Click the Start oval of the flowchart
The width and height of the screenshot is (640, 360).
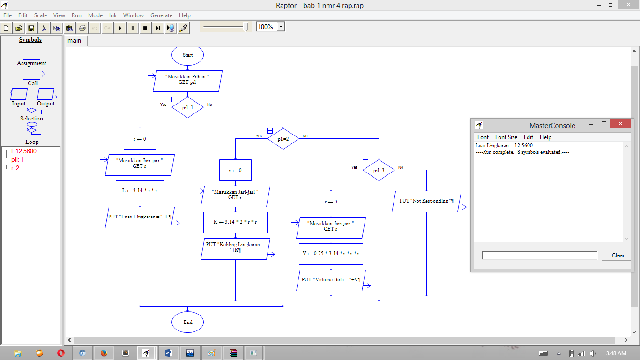187,55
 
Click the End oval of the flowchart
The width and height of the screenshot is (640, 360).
187,322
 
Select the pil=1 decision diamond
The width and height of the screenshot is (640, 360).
187,107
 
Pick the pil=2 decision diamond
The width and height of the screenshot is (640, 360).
283,139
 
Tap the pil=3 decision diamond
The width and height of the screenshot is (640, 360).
379,171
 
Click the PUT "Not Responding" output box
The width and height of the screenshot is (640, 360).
426,202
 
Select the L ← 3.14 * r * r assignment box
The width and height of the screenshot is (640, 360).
140,191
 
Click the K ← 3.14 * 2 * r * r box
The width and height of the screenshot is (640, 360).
235,223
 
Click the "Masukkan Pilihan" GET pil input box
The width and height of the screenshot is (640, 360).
187,81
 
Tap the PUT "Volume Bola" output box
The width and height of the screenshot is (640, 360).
331,280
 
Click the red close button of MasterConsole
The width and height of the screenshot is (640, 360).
620,124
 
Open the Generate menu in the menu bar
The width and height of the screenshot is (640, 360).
162,15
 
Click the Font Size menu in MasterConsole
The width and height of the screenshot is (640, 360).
506,137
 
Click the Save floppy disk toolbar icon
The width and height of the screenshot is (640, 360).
31,28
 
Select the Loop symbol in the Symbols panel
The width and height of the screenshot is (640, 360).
32,134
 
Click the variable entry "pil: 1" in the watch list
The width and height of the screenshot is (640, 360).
17,159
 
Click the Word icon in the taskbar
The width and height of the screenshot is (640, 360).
169,353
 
